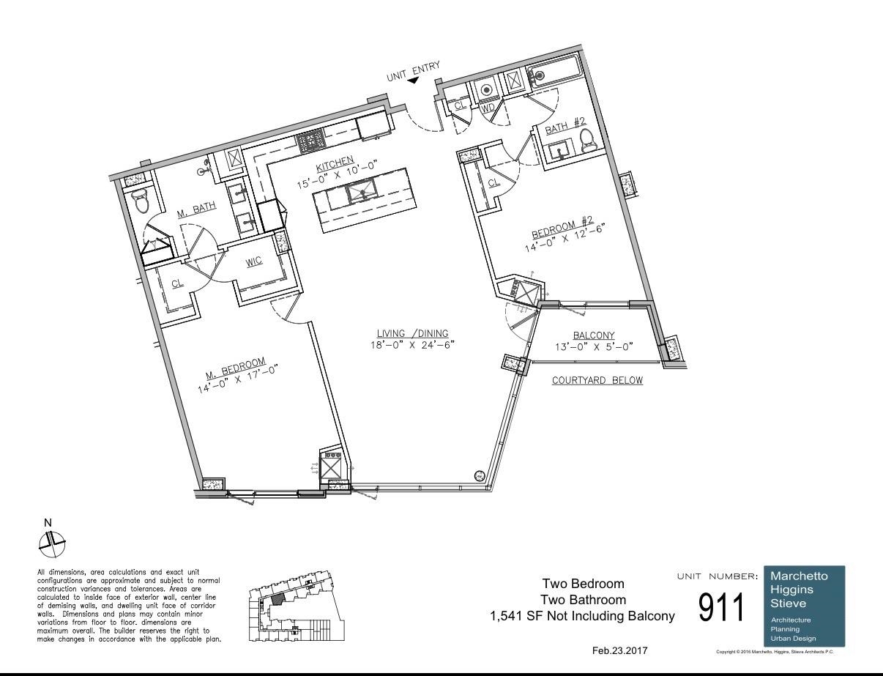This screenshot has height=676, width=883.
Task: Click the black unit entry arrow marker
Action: tap(414, 81)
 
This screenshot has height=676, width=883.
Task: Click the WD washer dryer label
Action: tap(488, 108)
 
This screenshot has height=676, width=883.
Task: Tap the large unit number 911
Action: tap(726, 607)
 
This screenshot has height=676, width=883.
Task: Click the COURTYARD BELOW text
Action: tap(597, 381)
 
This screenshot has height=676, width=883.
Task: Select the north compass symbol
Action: tap(51, 542)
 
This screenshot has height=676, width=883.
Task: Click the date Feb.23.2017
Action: tap(619, 651)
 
